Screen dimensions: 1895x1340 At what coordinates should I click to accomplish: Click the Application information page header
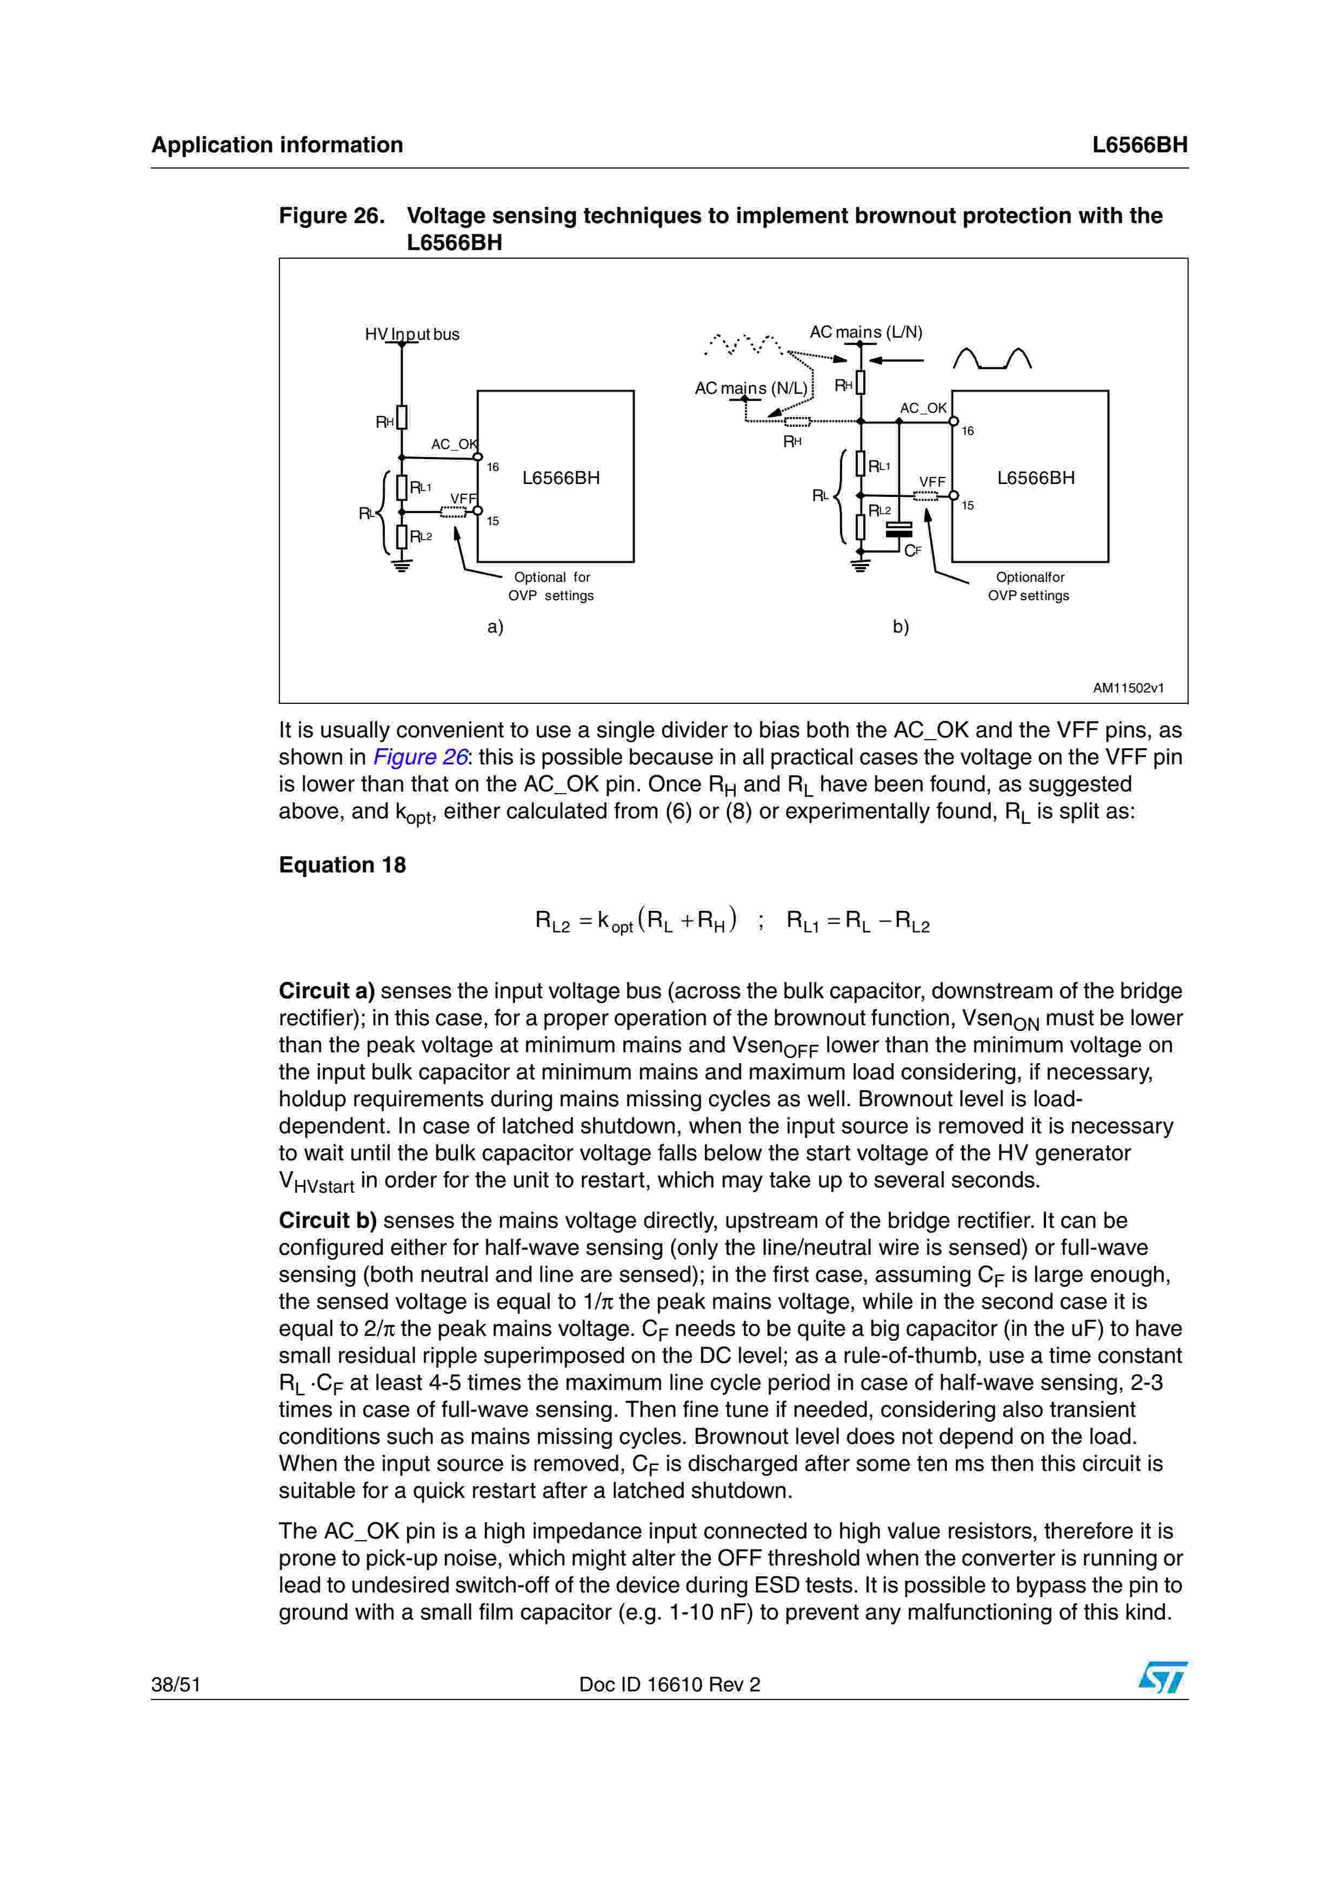[277, 145]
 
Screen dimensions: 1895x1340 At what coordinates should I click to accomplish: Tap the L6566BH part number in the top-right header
[1139, 145]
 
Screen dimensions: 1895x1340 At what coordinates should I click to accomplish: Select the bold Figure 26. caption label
[332, 216]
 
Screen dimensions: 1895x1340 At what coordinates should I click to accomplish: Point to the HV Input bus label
[412, 334]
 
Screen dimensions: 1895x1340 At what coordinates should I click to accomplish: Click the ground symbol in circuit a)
[402, 566]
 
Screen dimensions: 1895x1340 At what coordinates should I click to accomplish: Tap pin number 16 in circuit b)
[968, 431]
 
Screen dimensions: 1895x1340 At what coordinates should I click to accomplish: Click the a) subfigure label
[495, 627]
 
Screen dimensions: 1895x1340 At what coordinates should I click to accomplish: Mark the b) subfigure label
[901, 627]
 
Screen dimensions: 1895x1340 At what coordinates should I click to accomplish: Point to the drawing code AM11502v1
[1128, 688]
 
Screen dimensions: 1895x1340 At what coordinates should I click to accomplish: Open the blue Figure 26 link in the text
[420, 758]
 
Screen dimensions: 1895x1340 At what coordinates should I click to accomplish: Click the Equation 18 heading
[342, 865]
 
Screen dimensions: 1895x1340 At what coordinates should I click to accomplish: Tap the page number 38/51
[176, 1684]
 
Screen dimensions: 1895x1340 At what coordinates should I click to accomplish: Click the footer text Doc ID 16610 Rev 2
[670, 1684]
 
